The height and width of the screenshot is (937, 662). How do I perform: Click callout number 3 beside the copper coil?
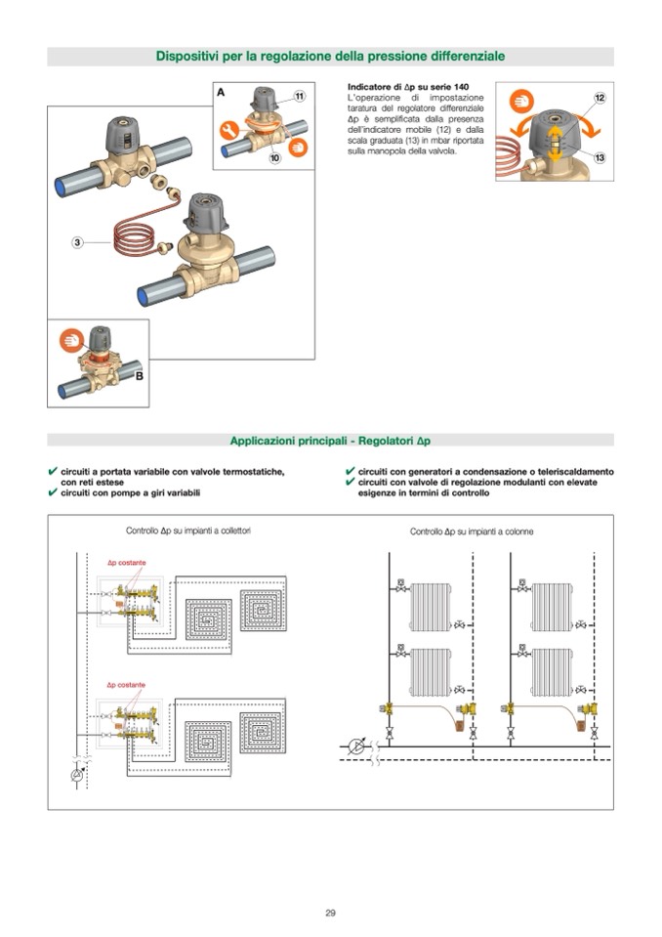pos(75,241)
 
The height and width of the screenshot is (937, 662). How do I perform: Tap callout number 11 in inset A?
pos(299,96)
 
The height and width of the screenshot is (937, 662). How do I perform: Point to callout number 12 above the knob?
pos(600,98)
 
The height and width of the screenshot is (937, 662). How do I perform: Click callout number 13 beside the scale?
pos(600,157)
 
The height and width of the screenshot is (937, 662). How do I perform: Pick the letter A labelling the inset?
pos(222,91)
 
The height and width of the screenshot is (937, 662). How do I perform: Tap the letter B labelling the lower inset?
pos(139,375)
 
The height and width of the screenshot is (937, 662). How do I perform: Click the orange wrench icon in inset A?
pos(230,127)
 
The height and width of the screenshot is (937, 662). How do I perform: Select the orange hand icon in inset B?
pos(70,341)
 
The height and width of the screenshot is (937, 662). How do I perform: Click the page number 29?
pos(331,913)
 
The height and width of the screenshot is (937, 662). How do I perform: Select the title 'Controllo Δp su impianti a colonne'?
pos(472,532)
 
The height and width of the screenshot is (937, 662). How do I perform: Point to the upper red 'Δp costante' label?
pos(126,564)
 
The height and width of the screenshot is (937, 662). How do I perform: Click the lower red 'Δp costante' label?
pos(126,685)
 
